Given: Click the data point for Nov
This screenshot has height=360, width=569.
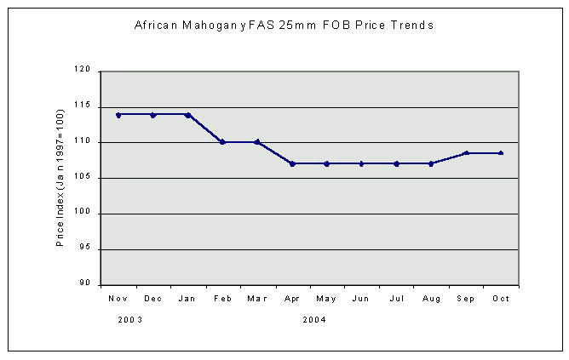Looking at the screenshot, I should click(118, 114).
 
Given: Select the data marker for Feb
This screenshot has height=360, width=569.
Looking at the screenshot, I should click(222, 142).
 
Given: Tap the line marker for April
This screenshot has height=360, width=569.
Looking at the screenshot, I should click(292, 163).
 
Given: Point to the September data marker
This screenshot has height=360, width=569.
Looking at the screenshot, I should click(466, 153).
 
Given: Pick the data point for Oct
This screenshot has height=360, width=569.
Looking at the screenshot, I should click(501, 153).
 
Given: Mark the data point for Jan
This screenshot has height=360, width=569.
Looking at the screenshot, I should click(188, 114).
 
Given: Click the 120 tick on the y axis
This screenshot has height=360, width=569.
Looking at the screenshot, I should click(83, 71).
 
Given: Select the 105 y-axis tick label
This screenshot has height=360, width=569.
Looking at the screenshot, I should click(83, 178).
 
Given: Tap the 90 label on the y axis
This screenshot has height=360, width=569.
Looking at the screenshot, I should click(85, 284).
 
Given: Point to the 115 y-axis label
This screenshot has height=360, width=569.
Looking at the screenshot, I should click(83, 107).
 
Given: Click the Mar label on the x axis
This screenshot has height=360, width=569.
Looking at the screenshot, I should click(257, 299).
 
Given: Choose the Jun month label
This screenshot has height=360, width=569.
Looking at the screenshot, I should click(361, 299).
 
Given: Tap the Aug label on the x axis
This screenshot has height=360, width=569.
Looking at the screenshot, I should click(431, 299).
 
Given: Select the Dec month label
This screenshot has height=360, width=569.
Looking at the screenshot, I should click(153, 299).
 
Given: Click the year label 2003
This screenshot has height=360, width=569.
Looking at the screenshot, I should click(129, 320).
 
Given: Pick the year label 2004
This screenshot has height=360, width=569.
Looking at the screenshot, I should click(313, 320).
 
